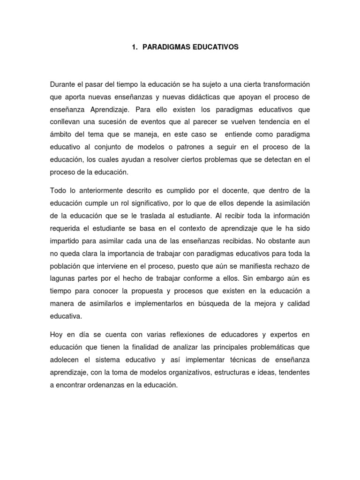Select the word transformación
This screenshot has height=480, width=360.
(284, 84)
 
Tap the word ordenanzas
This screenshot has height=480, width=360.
(103, 385)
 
